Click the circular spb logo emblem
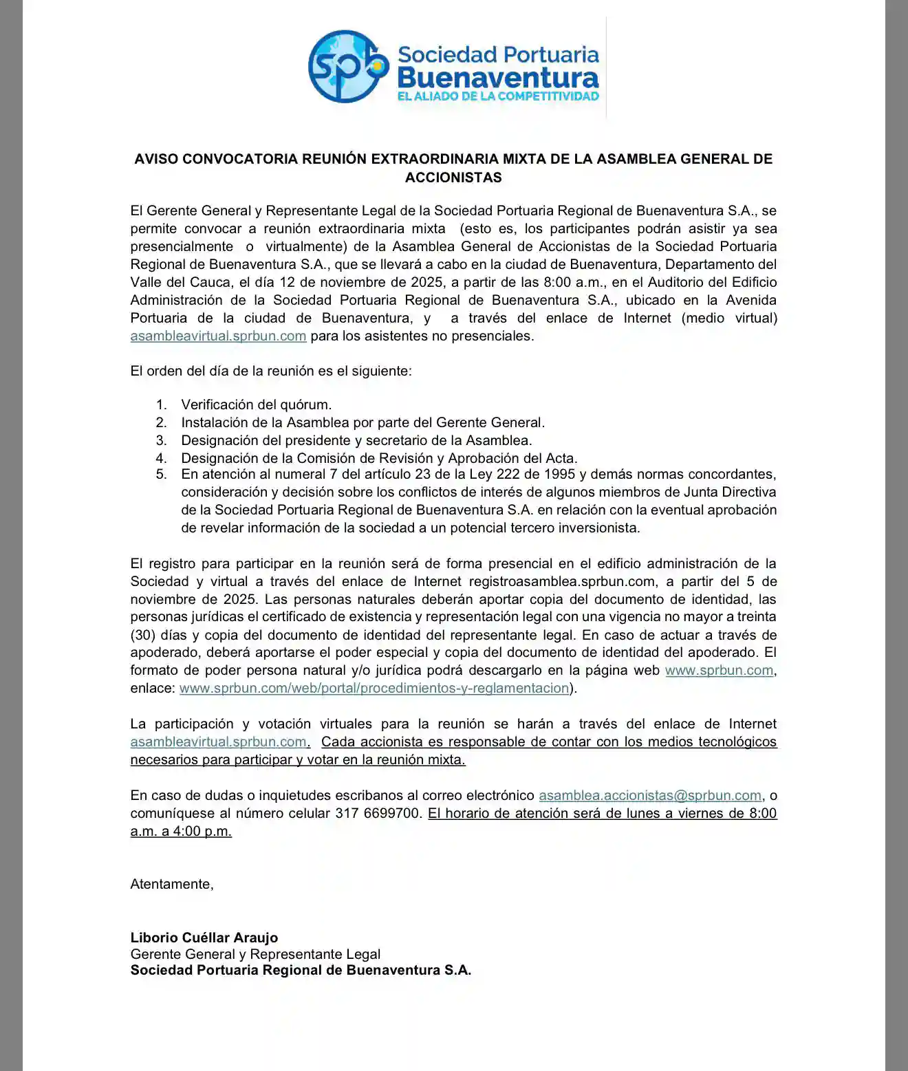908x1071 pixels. (348, 66)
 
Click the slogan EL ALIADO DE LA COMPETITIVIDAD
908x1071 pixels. (498, 96)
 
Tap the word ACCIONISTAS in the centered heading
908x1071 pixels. (453, 177)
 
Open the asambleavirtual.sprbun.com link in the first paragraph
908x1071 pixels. (218, 336)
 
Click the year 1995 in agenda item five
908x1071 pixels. (559, 474)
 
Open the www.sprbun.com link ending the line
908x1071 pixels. (719, 670)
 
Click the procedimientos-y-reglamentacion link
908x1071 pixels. (374, 688)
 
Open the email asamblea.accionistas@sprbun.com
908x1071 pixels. (650, 795)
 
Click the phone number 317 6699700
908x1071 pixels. (378, 813)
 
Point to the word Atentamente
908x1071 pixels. (171, 884)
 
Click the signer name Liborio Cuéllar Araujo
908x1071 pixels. (204, 938)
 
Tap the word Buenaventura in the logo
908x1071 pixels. (498, 76)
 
